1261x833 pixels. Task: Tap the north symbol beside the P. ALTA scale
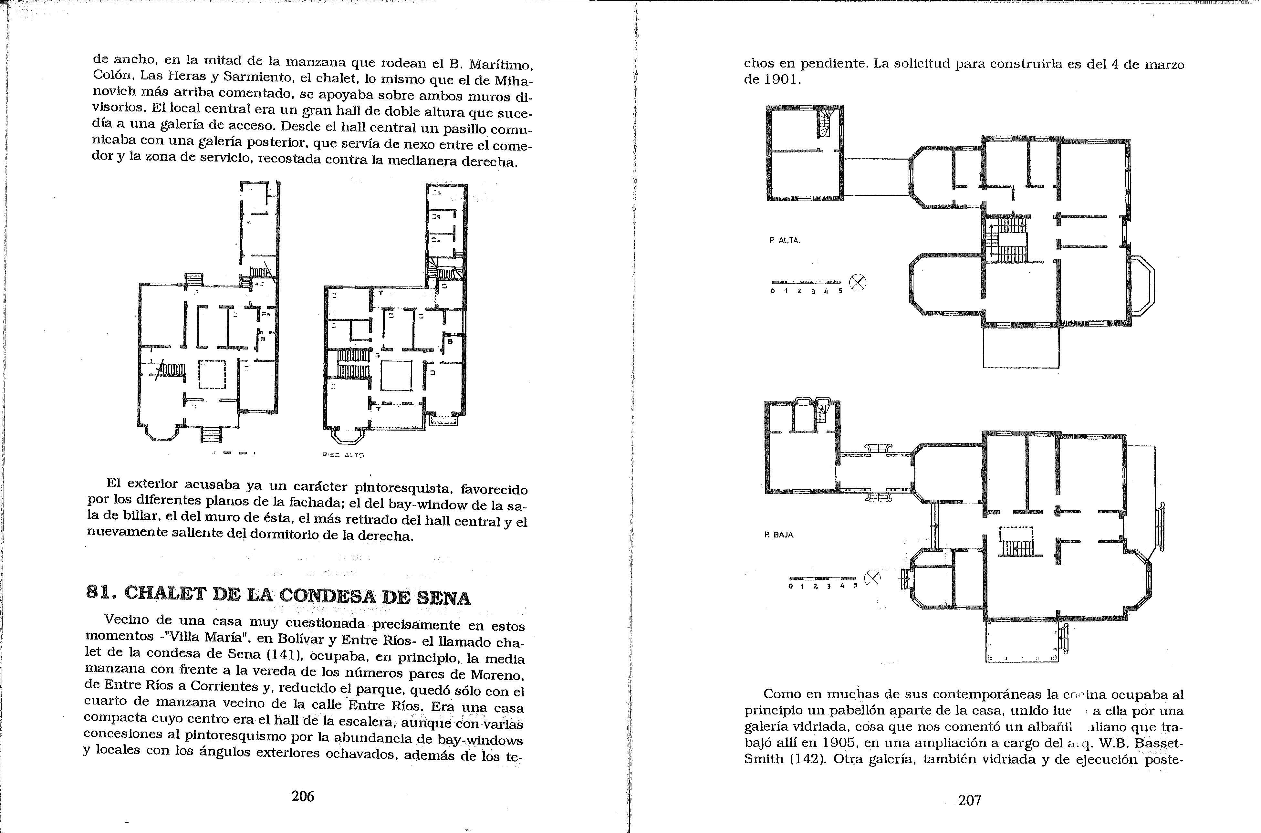(x=857, y=283)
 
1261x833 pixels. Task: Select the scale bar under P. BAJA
(x=822, y=578)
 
